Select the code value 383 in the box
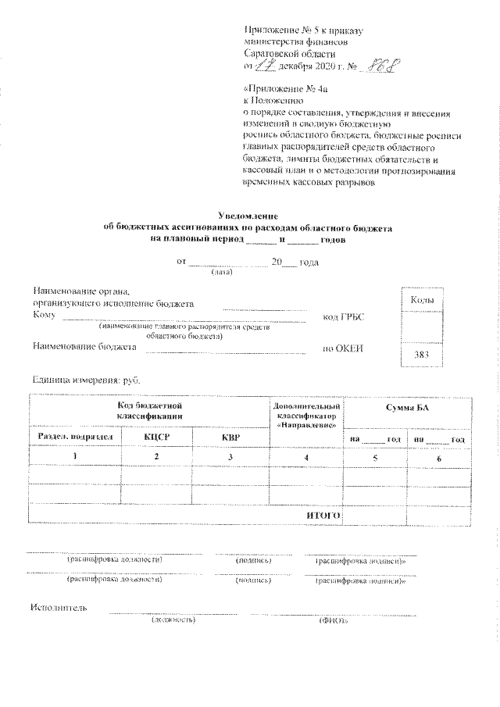422,356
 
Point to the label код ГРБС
344,316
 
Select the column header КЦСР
157,437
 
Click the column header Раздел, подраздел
76,437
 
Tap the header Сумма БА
407,409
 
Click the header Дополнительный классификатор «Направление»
307,416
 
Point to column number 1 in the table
76,457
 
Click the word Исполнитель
59,608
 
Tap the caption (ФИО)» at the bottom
335,620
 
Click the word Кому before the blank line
43,315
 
